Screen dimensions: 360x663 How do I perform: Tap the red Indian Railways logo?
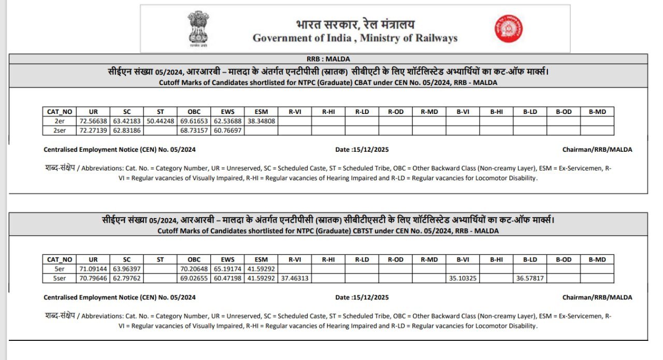coord(508,28)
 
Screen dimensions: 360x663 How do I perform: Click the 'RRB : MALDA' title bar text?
coord(328,59)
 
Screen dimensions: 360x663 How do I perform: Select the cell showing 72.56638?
coord(93,121)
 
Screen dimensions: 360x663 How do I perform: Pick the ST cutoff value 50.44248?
coord(161,121)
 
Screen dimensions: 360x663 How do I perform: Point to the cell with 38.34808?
coord(261,121)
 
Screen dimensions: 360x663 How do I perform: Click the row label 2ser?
coord(60,131)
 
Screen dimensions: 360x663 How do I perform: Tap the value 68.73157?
coord(194,131)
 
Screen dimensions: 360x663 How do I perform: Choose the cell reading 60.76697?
coord(227,131)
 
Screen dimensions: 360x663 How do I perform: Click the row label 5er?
coord(60,269)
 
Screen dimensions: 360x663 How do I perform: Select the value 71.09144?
coord(93,269)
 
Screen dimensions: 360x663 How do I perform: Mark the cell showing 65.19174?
coord(227,269)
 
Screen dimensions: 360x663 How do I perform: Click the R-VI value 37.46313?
coord(295,278)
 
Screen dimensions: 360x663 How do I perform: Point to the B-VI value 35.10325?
coord(463,278)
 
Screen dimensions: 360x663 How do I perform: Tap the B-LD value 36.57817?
coord(530,278)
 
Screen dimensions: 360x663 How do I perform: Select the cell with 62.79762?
coord(127,278)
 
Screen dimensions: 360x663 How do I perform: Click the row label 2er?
coord(60,121)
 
